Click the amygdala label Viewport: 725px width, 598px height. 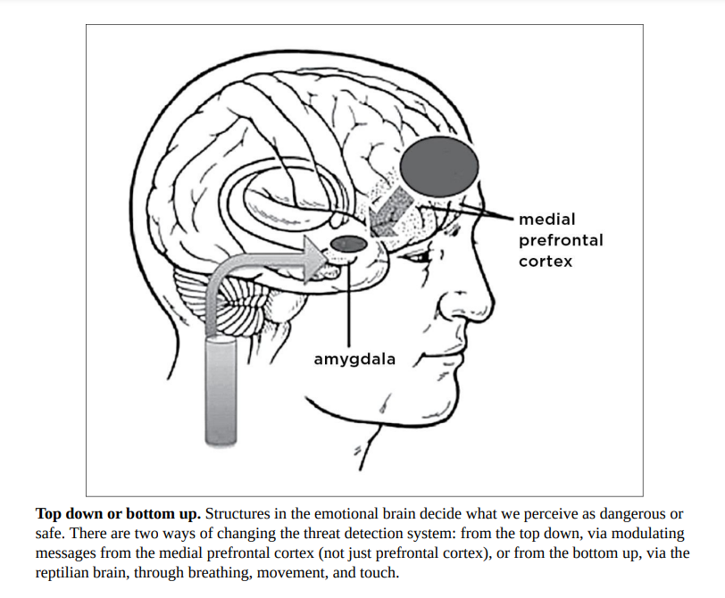coord(354,359)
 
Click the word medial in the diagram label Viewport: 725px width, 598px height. coord(546,219)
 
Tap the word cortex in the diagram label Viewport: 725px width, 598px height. coord(545,262)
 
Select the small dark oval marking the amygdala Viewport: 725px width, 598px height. coord(348,243)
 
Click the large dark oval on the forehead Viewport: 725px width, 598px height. coord(438,166)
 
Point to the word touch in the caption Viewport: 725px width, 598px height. coord(379,572)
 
